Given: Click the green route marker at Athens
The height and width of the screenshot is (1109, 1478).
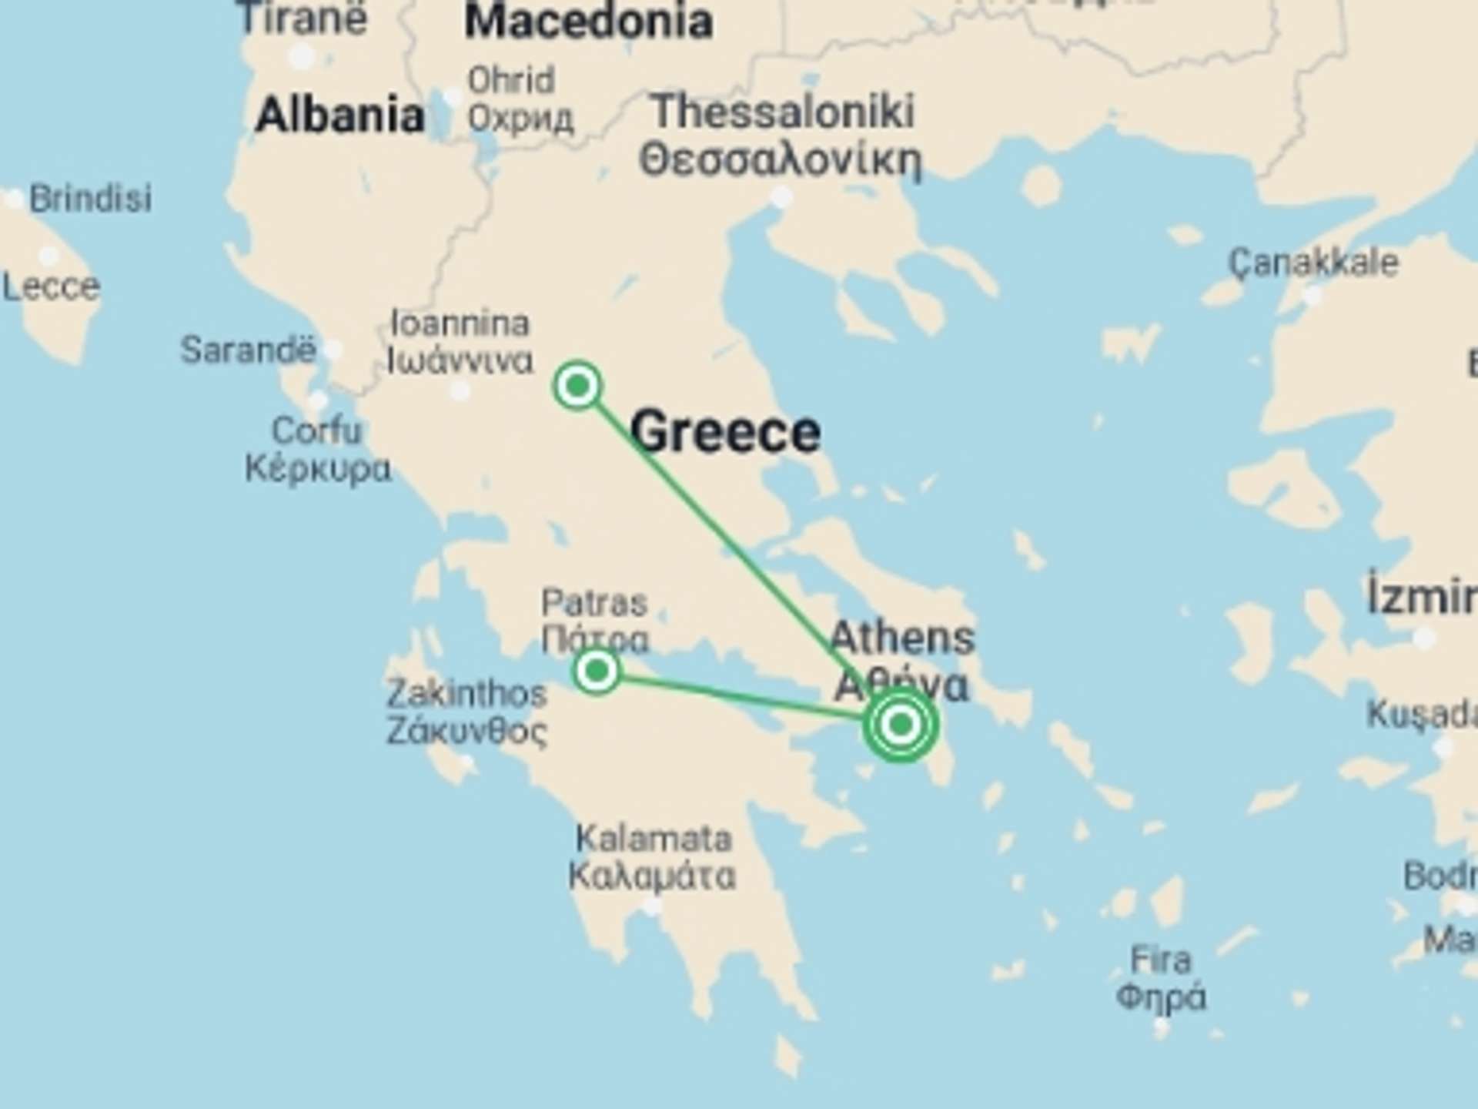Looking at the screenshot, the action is point(900,725).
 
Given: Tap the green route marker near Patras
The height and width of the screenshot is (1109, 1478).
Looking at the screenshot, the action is point(597,671).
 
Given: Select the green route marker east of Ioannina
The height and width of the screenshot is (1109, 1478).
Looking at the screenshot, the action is point(577,385).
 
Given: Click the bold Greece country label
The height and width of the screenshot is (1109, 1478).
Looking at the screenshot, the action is point(726,431).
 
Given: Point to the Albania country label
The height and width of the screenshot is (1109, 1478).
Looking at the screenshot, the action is point(339,116).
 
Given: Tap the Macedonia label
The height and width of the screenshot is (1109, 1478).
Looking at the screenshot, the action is point(588,21).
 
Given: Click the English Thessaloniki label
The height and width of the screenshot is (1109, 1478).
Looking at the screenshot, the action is point(783,112).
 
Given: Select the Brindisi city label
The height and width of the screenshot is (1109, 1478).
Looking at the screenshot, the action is point(90,199).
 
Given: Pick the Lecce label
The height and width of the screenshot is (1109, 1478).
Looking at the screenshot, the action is point(51,288).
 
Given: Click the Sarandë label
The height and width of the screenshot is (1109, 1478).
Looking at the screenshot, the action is point(248,350).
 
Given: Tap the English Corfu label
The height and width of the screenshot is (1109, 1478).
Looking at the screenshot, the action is point(316,431).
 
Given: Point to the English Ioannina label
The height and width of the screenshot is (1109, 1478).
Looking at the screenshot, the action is point(460,323).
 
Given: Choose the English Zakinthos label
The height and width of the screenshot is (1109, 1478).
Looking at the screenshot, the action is point(466,694).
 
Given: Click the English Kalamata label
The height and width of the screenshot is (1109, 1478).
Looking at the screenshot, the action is point(654,839).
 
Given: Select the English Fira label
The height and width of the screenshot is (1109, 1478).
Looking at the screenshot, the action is point(1160,960).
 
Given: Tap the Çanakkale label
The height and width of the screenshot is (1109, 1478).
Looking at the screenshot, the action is point(1313,263).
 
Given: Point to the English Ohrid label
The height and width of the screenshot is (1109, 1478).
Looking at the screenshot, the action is point(511,80).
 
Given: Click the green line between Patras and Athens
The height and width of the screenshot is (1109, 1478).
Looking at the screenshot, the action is point(739,697).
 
